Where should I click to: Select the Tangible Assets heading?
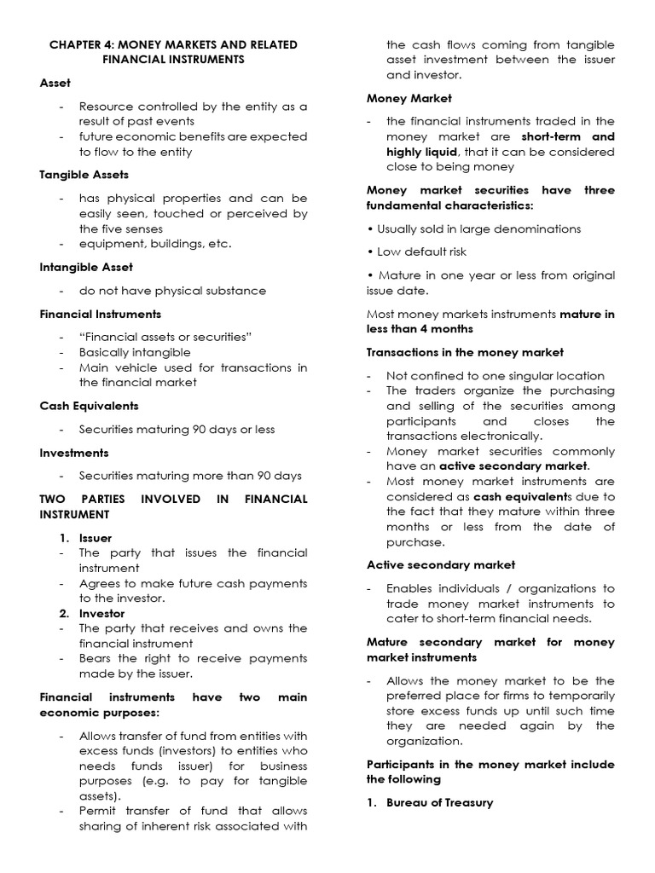click(84, 175)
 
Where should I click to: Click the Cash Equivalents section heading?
click(89, 406)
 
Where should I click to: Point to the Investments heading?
click(74, 453)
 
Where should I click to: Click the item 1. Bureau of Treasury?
click(430, 803)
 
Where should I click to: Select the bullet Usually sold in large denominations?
click(473, 228)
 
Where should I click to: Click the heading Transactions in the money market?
click(465, 352)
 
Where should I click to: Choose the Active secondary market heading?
click(441, 564)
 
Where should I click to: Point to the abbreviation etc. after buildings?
click(220, 244)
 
